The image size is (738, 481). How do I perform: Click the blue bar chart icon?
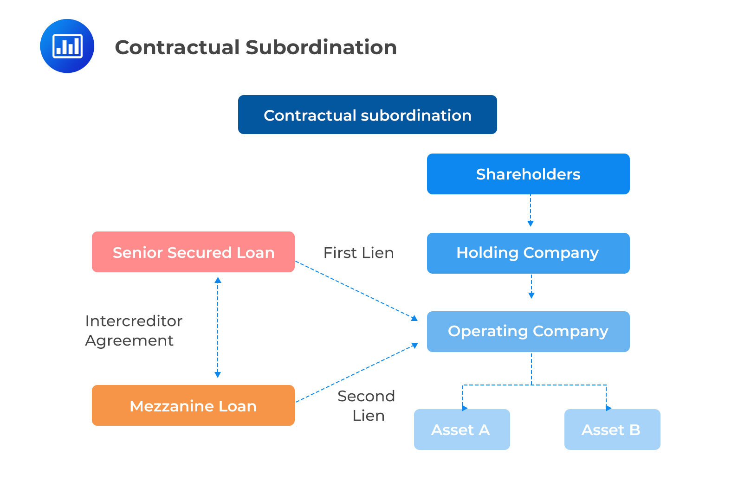click(67, 46)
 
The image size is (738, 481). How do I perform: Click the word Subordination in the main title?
click(321, 47)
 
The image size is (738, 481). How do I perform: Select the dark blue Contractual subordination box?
click(367, 115)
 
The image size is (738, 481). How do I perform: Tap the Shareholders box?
click(528, 174)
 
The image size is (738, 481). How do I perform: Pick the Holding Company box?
click(528, 253)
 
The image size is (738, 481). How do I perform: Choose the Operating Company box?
click(528, 331)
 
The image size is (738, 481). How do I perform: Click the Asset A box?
click(461, 430)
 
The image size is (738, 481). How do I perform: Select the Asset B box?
click(612, 430)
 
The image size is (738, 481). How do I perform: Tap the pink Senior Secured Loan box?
click(193, 252)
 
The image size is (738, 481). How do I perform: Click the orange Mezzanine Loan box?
click(193, 405)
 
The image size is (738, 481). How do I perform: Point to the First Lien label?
click(358, 253)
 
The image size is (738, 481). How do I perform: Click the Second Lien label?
click(367, 405)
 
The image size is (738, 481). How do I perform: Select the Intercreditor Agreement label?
click(133, 330)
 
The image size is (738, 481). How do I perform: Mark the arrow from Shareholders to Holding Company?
click(531, 211)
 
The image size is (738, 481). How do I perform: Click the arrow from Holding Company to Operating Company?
click(531, 286)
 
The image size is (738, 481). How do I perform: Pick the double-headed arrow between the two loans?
click(218, 327)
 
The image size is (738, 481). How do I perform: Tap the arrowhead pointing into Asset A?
click(465, 408)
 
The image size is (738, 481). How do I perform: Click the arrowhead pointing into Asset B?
click(608, 408)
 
